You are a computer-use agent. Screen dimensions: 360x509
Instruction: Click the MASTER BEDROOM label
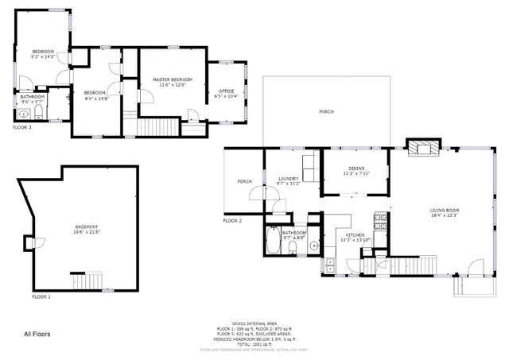(173, 79)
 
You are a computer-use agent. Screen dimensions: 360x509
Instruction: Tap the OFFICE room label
(226, 91)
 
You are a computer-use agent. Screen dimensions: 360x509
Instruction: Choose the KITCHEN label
(354, 235)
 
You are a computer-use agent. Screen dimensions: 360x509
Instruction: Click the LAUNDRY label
(288, 179)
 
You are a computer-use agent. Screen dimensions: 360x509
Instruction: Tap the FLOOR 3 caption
(21, 126)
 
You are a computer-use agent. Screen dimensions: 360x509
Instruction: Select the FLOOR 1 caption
(41, 296)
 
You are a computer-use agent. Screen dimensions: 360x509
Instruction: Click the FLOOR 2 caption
(231, 220)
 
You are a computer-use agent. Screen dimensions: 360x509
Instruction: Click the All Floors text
(37, 334)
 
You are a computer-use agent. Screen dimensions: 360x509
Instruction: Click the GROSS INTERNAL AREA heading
(254, 323)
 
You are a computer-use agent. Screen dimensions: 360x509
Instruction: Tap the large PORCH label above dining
(327, 112)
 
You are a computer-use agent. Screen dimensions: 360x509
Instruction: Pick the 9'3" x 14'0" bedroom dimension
(43, 57)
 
